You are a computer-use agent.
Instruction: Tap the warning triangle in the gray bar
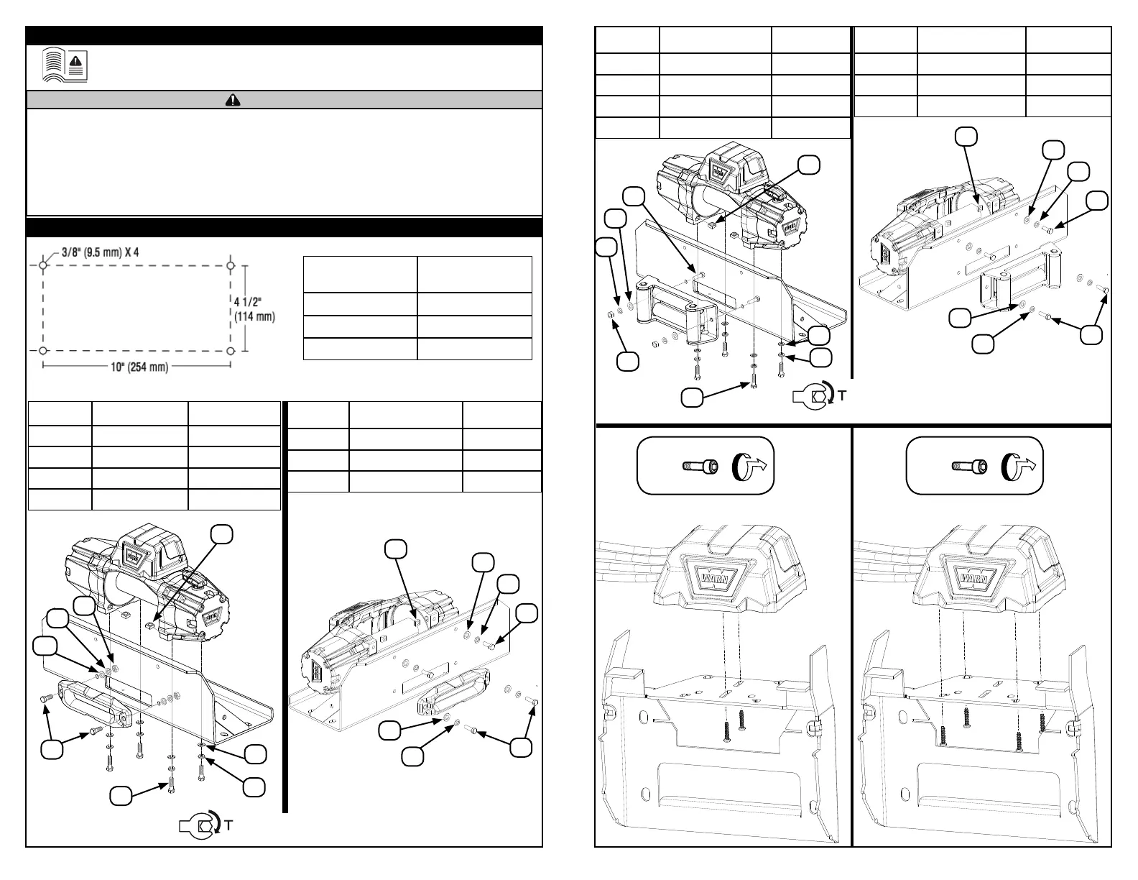click(233, 100)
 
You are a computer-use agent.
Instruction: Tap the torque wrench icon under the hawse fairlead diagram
click(197, 825)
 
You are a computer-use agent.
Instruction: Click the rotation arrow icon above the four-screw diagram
click(1020, 466)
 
